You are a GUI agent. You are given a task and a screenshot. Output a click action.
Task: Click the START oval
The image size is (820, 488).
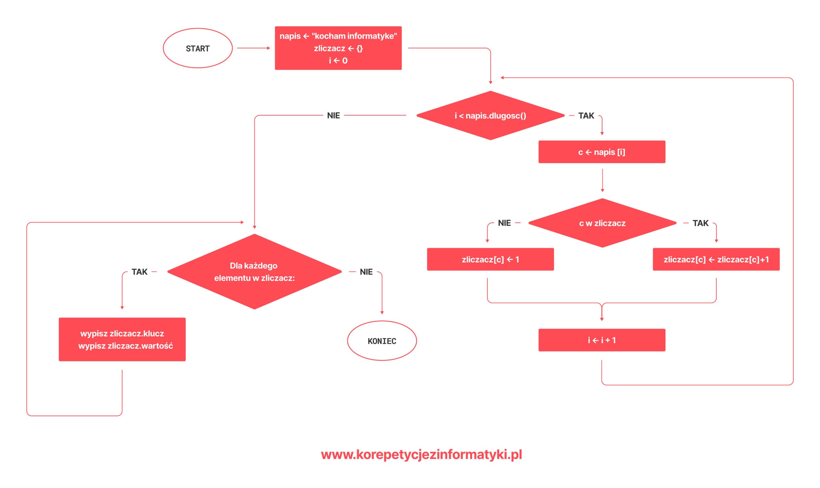pyautogui.click(x=198, y=48)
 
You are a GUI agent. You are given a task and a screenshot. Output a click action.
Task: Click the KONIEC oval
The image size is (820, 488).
pyautogui.click(x=382, y=341)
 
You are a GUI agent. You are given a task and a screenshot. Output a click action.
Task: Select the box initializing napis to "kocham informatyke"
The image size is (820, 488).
pyautogui.click(x=338, y=48)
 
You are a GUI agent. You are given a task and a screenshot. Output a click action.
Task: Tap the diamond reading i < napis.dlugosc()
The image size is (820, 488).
pyautogui.click(x=491, y=116)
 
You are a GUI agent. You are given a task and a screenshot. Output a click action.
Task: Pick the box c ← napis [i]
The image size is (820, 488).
pyautogui.click(x=602, y=152)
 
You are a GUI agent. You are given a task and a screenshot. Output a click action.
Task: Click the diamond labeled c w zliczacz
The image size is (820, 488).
pyautogui.click(x=603, y=223)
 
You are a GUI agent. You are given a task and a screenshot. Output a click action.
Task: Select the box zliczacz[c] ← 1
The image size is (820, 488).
pyautogui.click(x=490, y=260)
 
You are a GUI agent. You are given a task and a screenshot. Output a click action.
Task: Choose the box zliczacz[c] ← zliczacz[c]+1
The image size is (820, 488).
pyautogui.click(x=716, y=260)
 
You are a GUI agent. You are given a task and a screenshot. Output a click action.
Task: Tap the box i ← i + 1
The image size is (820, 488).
pyautogui.click(x=602, y=340)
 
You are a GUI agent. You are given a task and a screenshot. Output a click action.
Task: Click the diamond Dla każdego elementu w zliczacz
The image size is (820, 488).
pyautogui.click(x=254, y=272)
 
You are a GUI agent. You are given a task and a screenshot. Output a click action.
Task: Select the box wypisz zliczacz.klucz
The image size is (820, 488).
pyautogui.click(x=122, y=340)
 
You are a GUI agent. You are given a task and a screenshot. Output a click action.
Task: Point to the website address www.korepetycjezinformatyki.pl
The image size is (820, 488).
pyautogui.click(x=422, y=454)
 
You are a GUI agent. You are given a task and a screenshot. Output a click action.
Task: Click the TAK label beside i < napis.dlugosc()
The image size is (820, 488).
pyautogui.click(x=586, y=116)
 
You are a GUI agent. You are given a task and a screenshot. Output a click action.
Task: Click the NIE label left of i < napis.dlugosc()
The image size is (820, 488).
pyautogui.click(x=333, y=116)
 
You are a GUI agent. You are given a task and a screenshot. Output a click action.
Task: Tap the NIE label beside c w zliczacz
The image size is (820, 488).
pyautogui.click(x=504, y=223)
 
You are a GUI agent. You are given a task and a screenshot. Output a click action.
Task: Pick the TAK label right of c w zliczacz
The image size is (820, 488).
pyautogui.click(x=701, y=223)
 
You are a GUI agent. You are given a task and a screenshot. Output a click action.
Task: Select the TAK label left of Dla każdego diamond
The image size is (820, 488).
pyautogui.click(x=140, y=272)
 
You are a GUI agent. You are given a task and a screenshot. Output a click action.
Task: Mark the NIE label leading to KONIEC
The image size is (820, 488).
pyautogui.click(x=366, y=272)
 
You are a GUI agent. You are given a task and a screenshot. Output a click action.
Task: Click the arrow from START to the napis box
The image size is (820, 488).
pyautogui.click(x=253, y=48)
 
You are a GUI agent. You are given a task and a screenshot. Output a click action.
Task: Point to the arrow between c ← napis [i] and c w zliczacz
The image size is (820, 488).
pyautogui.click(x=603, y=180)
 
